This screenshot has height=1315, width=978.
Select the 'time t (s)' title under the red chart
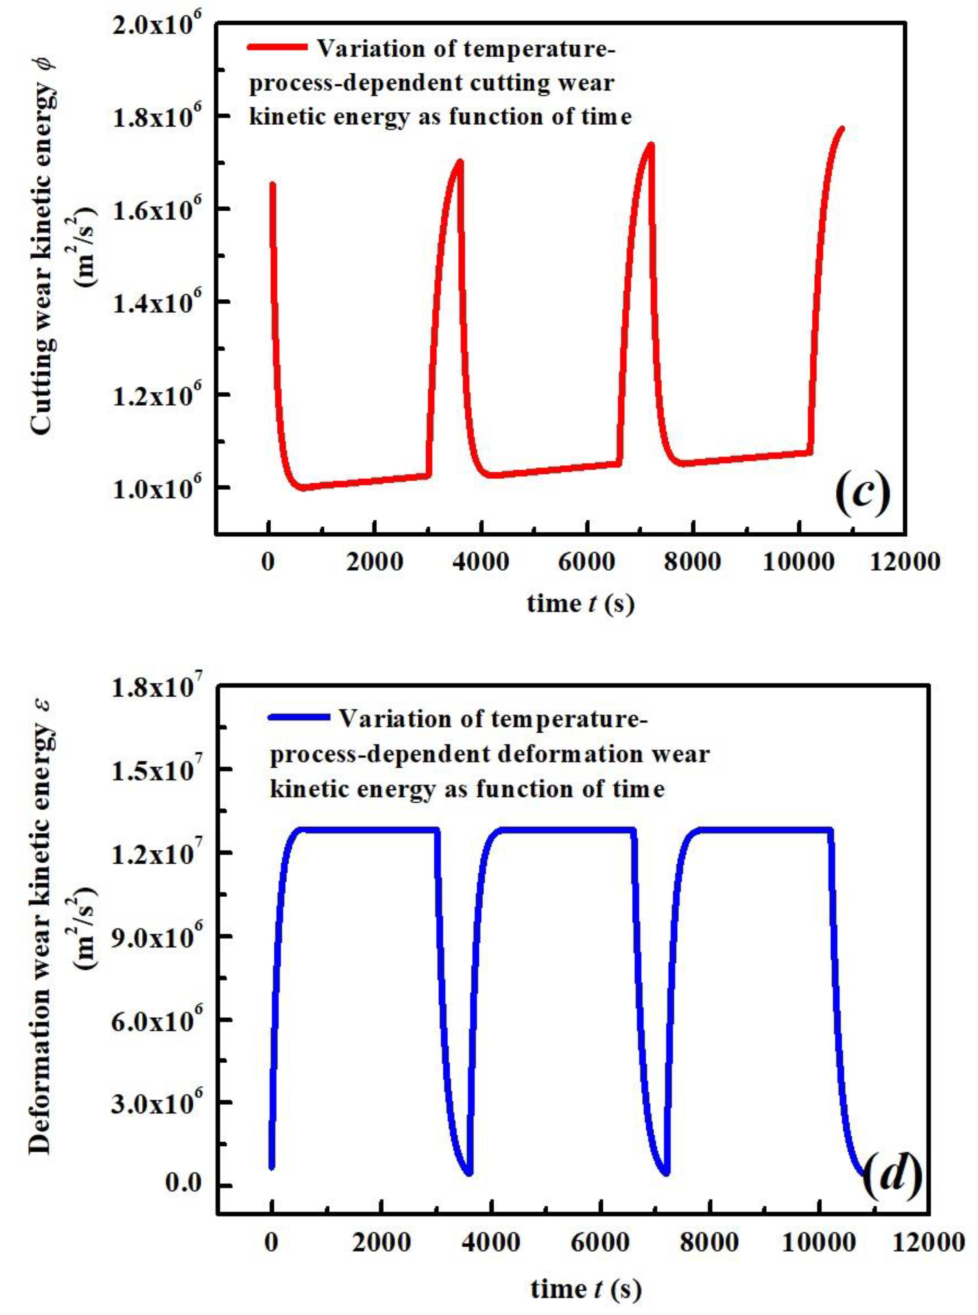(580, 603)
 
